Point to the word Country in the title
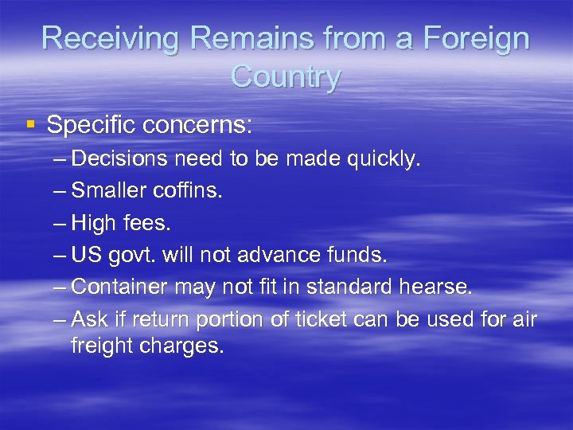click(x=286, y=76)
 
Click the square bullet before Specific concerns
click(x=31, y=124)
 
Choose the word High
click(x=93, y=223)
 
